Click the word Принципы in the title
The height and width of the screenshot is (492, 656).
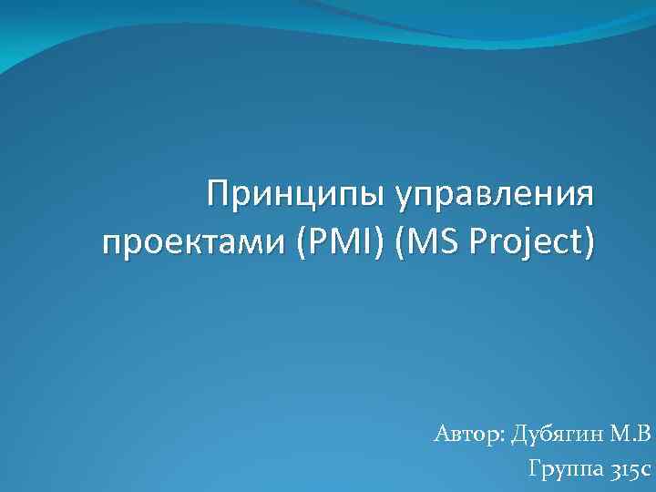[296, 194]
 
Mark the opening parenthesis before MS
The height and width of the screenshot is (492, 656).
[403, 244]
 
